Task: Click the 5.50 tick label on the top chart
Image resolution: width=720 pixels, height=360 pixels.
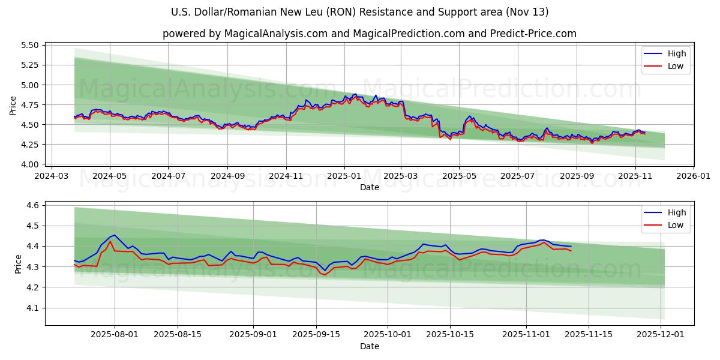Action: point(30,46)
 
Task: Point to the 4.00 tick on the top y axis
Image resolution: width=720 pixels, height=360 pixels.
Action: point(30,164)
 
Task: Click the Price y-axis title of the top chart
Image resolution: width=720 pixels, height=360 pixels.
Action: point(13,105)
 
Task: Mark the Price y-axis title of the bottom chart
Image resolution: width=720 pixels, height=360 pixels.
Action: point(18,264)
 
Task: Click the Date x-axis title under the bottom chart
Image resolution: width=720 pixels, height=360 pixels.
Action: point(370,346)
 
